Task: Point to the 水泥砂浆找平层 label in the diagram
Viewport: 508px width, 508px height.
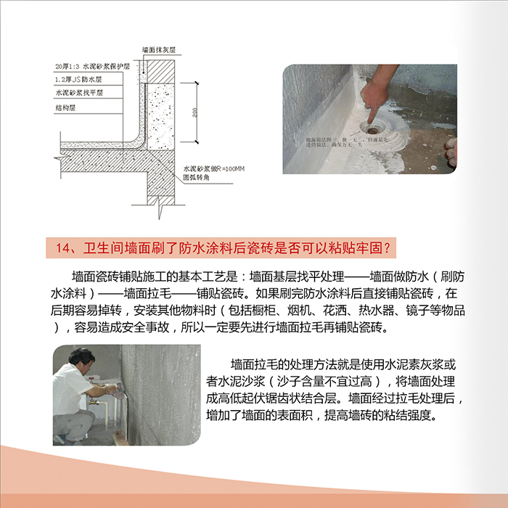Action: [x=78, y=93]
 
